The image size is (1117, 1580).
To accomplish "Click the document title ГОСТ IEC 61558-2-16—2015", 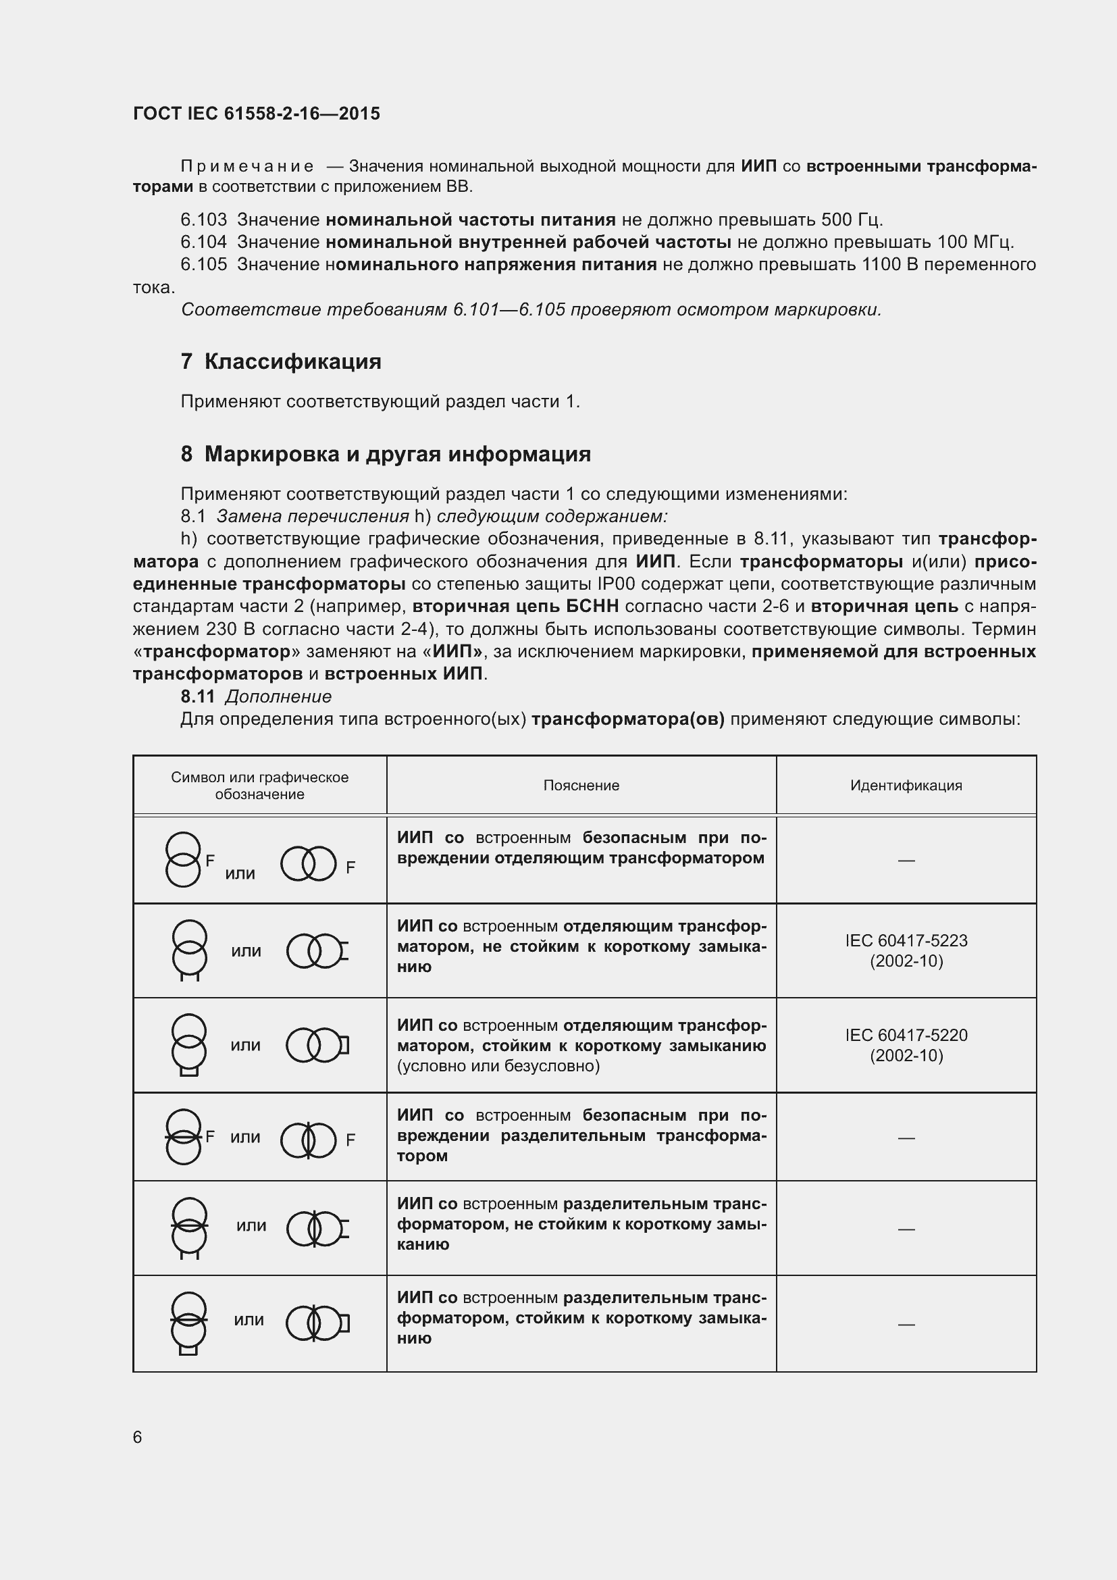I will pos(256,113).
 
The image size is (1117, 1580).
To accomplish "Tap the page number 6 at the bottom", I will pos(138,1437).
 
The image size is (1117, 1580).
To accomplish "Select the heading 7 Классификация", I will pos(281,361).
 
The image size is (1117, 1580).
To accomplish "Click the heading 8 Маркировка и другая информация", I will pos(385,454).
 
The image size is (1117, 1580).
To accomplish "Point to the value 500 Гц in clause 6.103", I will pos(851,220).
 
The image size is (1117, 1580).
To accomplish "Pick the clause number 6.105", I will pos(203,265).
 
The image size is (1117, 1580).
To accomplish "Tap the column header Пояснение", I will pos(581,785).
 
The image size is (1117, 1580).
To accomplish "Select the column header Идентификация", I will pos(906,785).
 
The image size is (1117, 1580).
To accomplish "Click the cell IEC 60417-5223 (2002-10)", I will pos(906,950).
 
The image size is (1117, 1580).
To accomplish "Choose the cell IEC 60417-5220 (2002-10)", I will pos(906,1044).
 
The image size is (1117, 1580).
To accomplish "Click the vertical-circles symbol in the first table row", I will pos(183,859).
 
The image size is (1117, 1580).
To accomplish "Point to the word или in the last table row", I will pos(249,1320).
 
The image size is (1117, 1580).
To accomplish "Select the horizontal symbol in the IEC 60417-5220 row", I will pos(317,1044).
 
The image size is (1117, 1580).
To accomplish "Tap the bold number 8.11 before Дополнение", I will pos(198,696).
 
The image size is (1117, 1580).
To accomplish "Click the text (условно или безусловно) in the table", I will pos(498,1066).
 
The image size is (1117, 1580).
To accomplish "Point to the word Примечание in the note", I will pos(247,167).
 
